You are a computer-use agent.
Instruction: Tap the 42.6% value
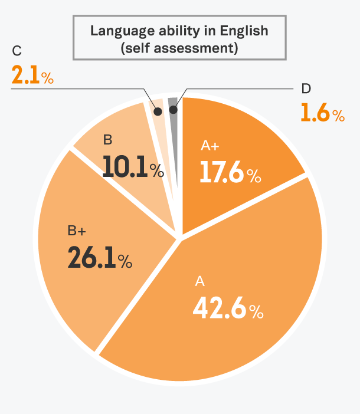coord(227,308)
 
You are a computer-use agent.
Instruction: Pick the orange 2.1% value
coord(32,75)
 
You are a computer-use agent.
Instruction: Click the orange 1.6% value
coord(322,112)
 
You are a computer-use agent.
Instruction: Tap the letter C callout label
coord(17,51)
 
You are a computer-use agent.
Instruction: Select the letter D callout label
coord(306,88)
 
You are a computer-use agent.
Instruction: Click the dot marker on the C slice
coord(158,110)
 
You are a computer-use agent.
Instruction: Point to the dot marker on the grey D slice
coord(173,109)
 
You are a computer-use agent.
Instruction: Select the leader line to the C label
coord(77,89)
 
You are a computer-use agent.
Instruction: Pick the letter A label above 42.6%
coord(199,282)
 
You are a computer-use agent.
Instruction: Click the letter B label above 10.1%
coord(107,140)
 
